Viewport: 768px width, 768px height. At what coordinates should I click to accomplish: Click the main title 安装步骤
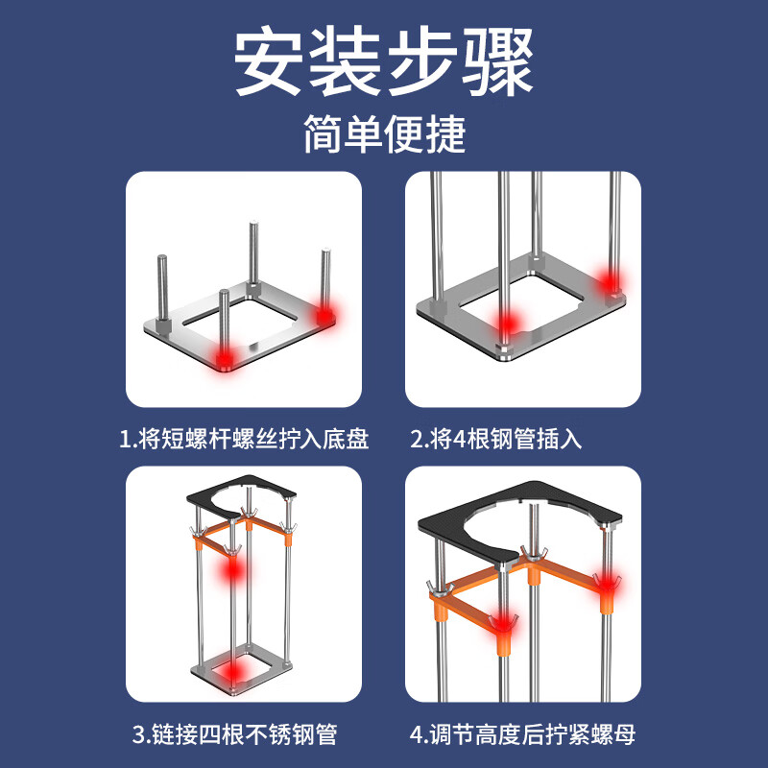coord(384,63)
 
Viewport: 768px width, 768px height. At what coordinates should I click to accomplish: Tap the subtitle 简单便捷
coord(384,134)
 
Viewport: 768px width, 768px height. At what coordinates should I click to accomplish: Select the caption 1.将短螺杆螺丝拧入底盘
coord(244,440)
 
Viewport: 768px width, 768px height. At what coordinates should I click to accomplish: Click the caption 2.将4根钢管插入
coord(496,440)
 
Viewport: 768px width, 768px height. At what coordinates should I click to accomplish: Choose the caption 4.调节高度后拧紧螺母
coord(522,736)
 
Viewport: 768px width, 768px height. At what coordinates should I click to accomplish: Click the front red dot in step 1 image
coord(225,357)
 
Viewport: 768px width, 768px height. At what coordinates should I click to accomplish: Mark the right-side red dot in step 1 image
coord(324,314)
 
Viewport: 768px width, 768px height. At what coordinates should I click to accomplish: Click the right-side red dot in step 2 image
coord(609,282)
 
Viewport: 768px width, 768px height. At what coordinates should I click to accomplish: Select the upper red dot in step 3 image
coord(231,572)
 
